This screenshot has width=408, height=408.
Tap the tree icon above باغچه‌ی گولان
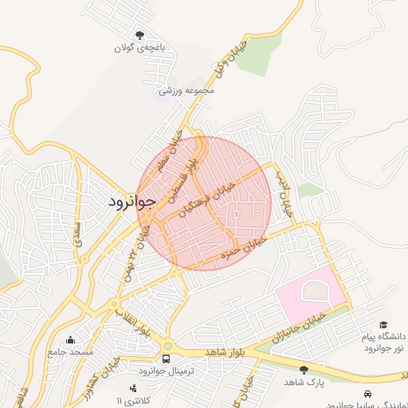coord(141,35)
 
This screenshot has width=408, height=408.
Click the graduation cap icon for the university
coord(384,324)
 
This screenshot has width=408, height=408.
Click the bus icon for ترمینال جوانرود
coord(167,359)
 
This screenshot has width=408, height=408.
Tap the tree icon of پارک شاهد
coord(303,370)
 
